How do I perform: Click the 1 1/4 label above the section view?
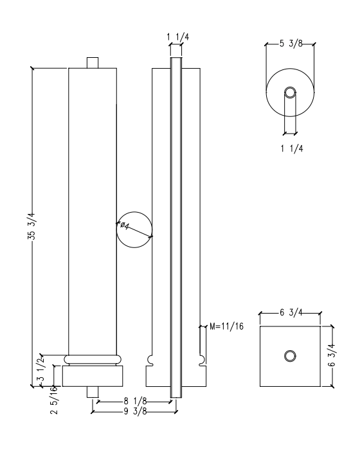(x=176, y=38)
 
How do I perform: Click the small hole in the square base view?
(x=290, y=356)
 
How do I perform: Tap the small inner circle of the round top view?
(x=290, y=93)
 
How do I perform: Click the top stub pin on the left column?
(x=93, y=63)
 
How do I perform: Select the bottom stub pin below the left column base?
(x=93, y=393)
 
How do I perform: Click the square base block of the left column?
(x=93, y=376)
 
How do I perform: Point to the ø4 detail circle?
(x=134, y=229)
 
